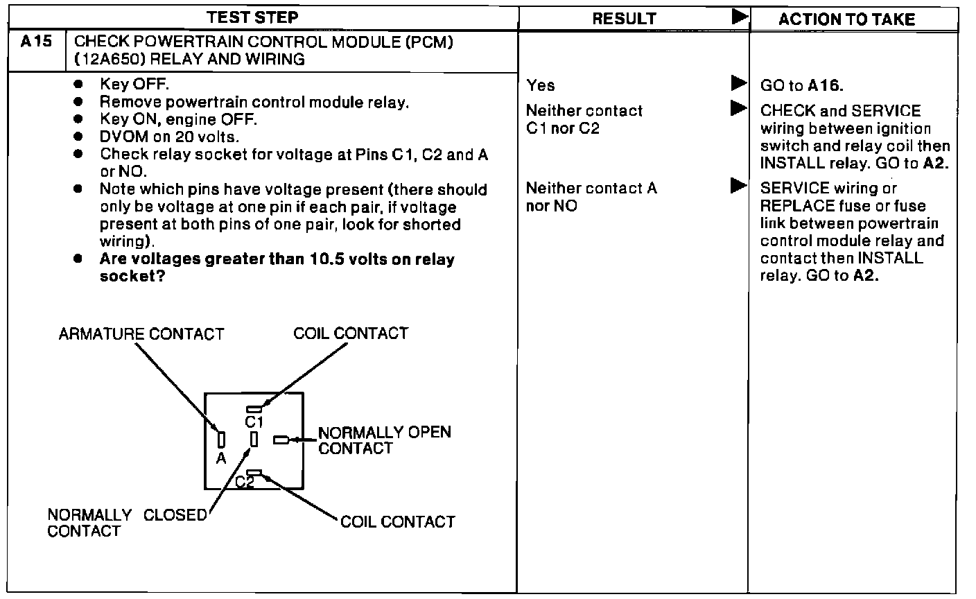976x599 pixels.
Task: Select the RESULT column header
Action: pos(624,19)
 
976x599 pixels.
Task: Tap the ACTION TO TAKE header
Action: pos(846,19)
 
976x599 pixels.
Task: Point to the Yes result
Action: pos(540,85)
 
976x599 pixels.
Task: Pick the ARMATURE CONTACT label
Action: pos(141,334)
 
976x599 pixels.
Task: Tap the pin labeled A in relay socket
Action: pos(221,439)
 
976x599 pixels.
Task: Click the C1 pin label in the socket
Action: pos(253,421)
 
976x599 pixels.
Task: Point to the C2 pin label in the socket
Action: pos(245,482)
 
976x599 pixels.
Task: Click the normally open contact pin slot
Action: pos(281,440)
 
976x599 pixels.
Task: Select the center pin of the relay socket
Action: pos(254,439)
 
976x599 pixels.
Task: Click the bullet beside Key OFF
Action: pos(79,84)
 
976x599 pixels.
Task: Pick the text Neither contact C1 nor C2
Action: pos(584,119)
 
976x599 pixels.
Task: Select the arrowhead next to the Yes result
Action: pos(738,85)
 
